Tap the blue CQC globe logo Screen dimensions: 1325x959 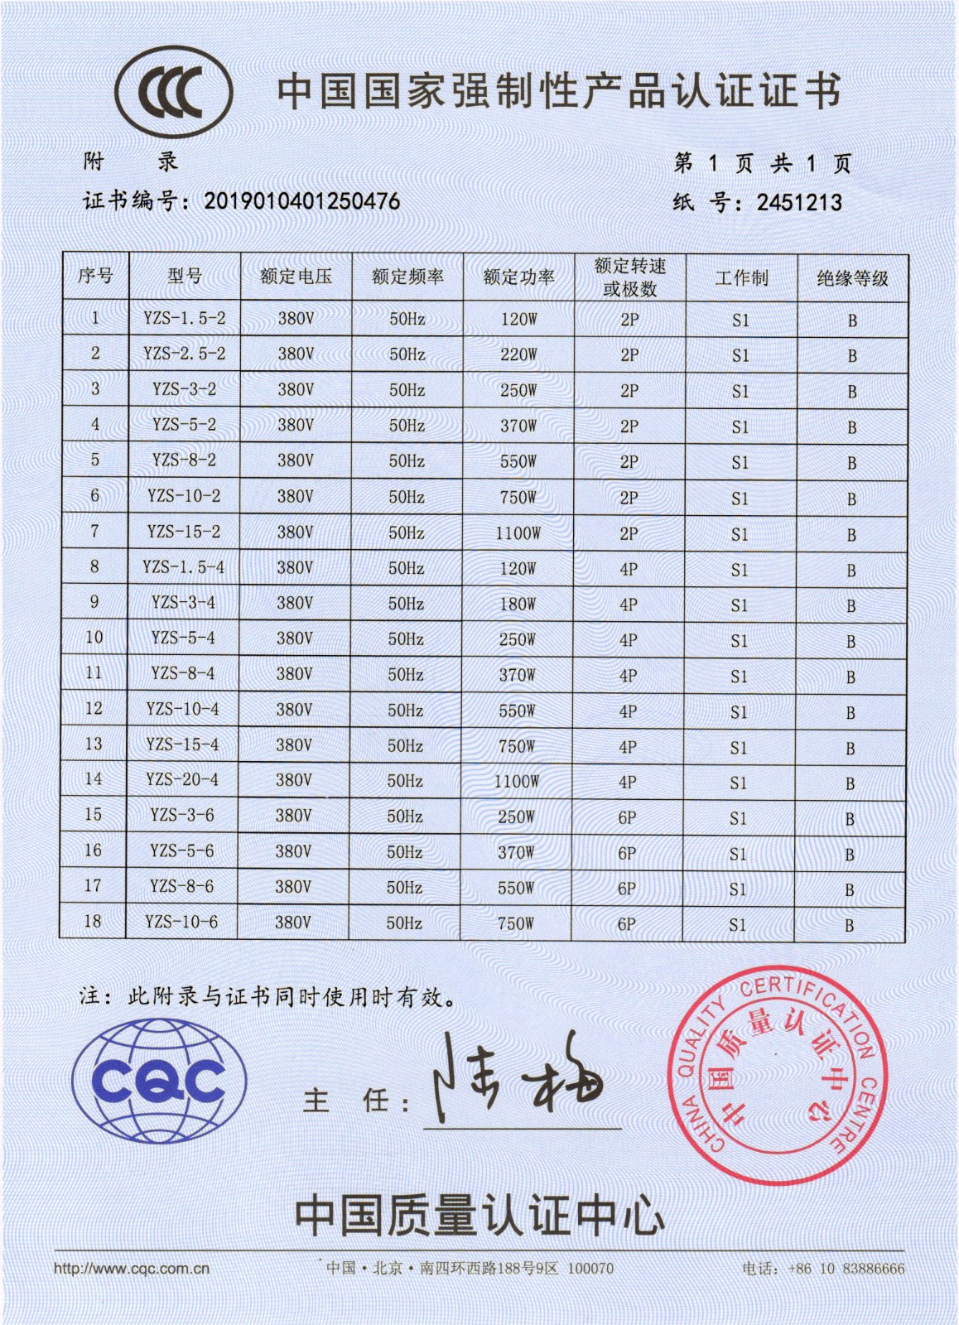pyautogui.click(x=159, y=1079)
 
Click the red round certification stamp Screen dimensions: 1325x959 pyautogui.click(x=776, y=1075)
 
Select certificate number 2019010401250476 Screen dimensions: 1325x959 pyautogui.click(x=302, y=201)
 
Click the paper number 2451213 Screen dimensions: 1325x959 pyautogui.click(x=799, y=203)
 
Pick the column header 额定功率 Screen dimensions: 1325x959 pyautogui.click(x=518, y=277)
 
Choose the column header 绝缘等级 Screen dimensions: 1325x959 pyautogui.click(x=852, y=278)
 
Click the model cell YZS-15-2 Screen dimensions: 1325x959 pyautogui.click(x=184, y=532)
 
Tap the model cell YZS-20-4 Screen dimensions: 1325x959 pyautogui.click(x=182, y=779)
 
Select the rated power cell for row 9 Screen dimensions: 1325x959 pyautogui.click(x=518, y=605)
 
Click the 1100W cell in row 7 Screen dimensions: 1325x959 pyautogui.click(x=518, y=533)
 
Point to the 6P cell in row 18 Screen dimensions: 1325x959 pyautogui.click(x=627, y=924)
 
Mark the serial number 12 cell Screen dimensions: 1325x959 pyautogui.click(x=94, y=709)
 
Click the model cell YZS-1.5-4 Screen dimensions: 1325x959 pyautogui.click(x=183, y=567)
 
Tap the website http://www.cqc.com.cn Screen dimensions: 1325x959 pyautogui.click(x=132, y=1269)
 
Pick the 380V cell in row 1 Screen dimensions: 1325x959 pyautogui.click(x=296, y=318)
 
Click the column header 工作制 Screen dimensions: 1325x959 pyautogui.click(x=741, y=277)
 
